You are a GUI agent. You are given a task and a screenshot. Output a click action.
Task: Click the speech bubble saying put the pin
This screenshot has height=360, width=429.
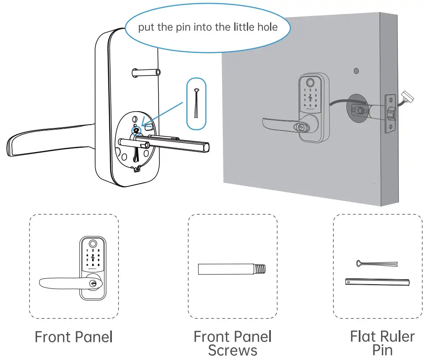point(208,27)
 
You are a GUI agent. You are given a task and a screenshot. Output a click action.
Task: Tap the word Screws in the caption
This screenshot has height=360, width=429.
point(232,350)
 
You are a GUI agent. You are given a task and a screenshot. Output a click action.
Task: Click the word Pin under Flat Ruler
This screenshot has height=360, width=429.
point(382,350)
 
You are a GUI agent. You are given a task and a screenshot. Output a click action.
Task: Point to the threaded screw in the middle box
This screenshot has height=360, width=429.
point(232,269)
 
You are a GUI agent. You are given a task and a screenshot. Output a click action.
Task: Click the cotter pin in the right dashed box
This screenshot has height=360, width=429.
point(376,264)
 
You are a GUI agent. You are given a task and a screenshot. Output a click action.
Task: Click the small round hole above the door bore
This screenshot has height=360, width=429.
point(356,70)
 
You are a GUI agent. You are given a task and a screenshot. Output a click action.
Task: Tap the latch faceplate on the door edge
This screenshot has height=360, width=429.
point(390,113)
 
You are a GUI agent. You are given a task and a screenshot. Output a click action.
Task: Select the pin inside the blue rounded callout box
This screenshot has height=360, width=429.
point(196,104)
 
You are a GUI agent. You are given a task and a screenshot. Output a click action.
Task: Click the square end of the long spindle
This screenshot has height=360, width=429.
point(205,147)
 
